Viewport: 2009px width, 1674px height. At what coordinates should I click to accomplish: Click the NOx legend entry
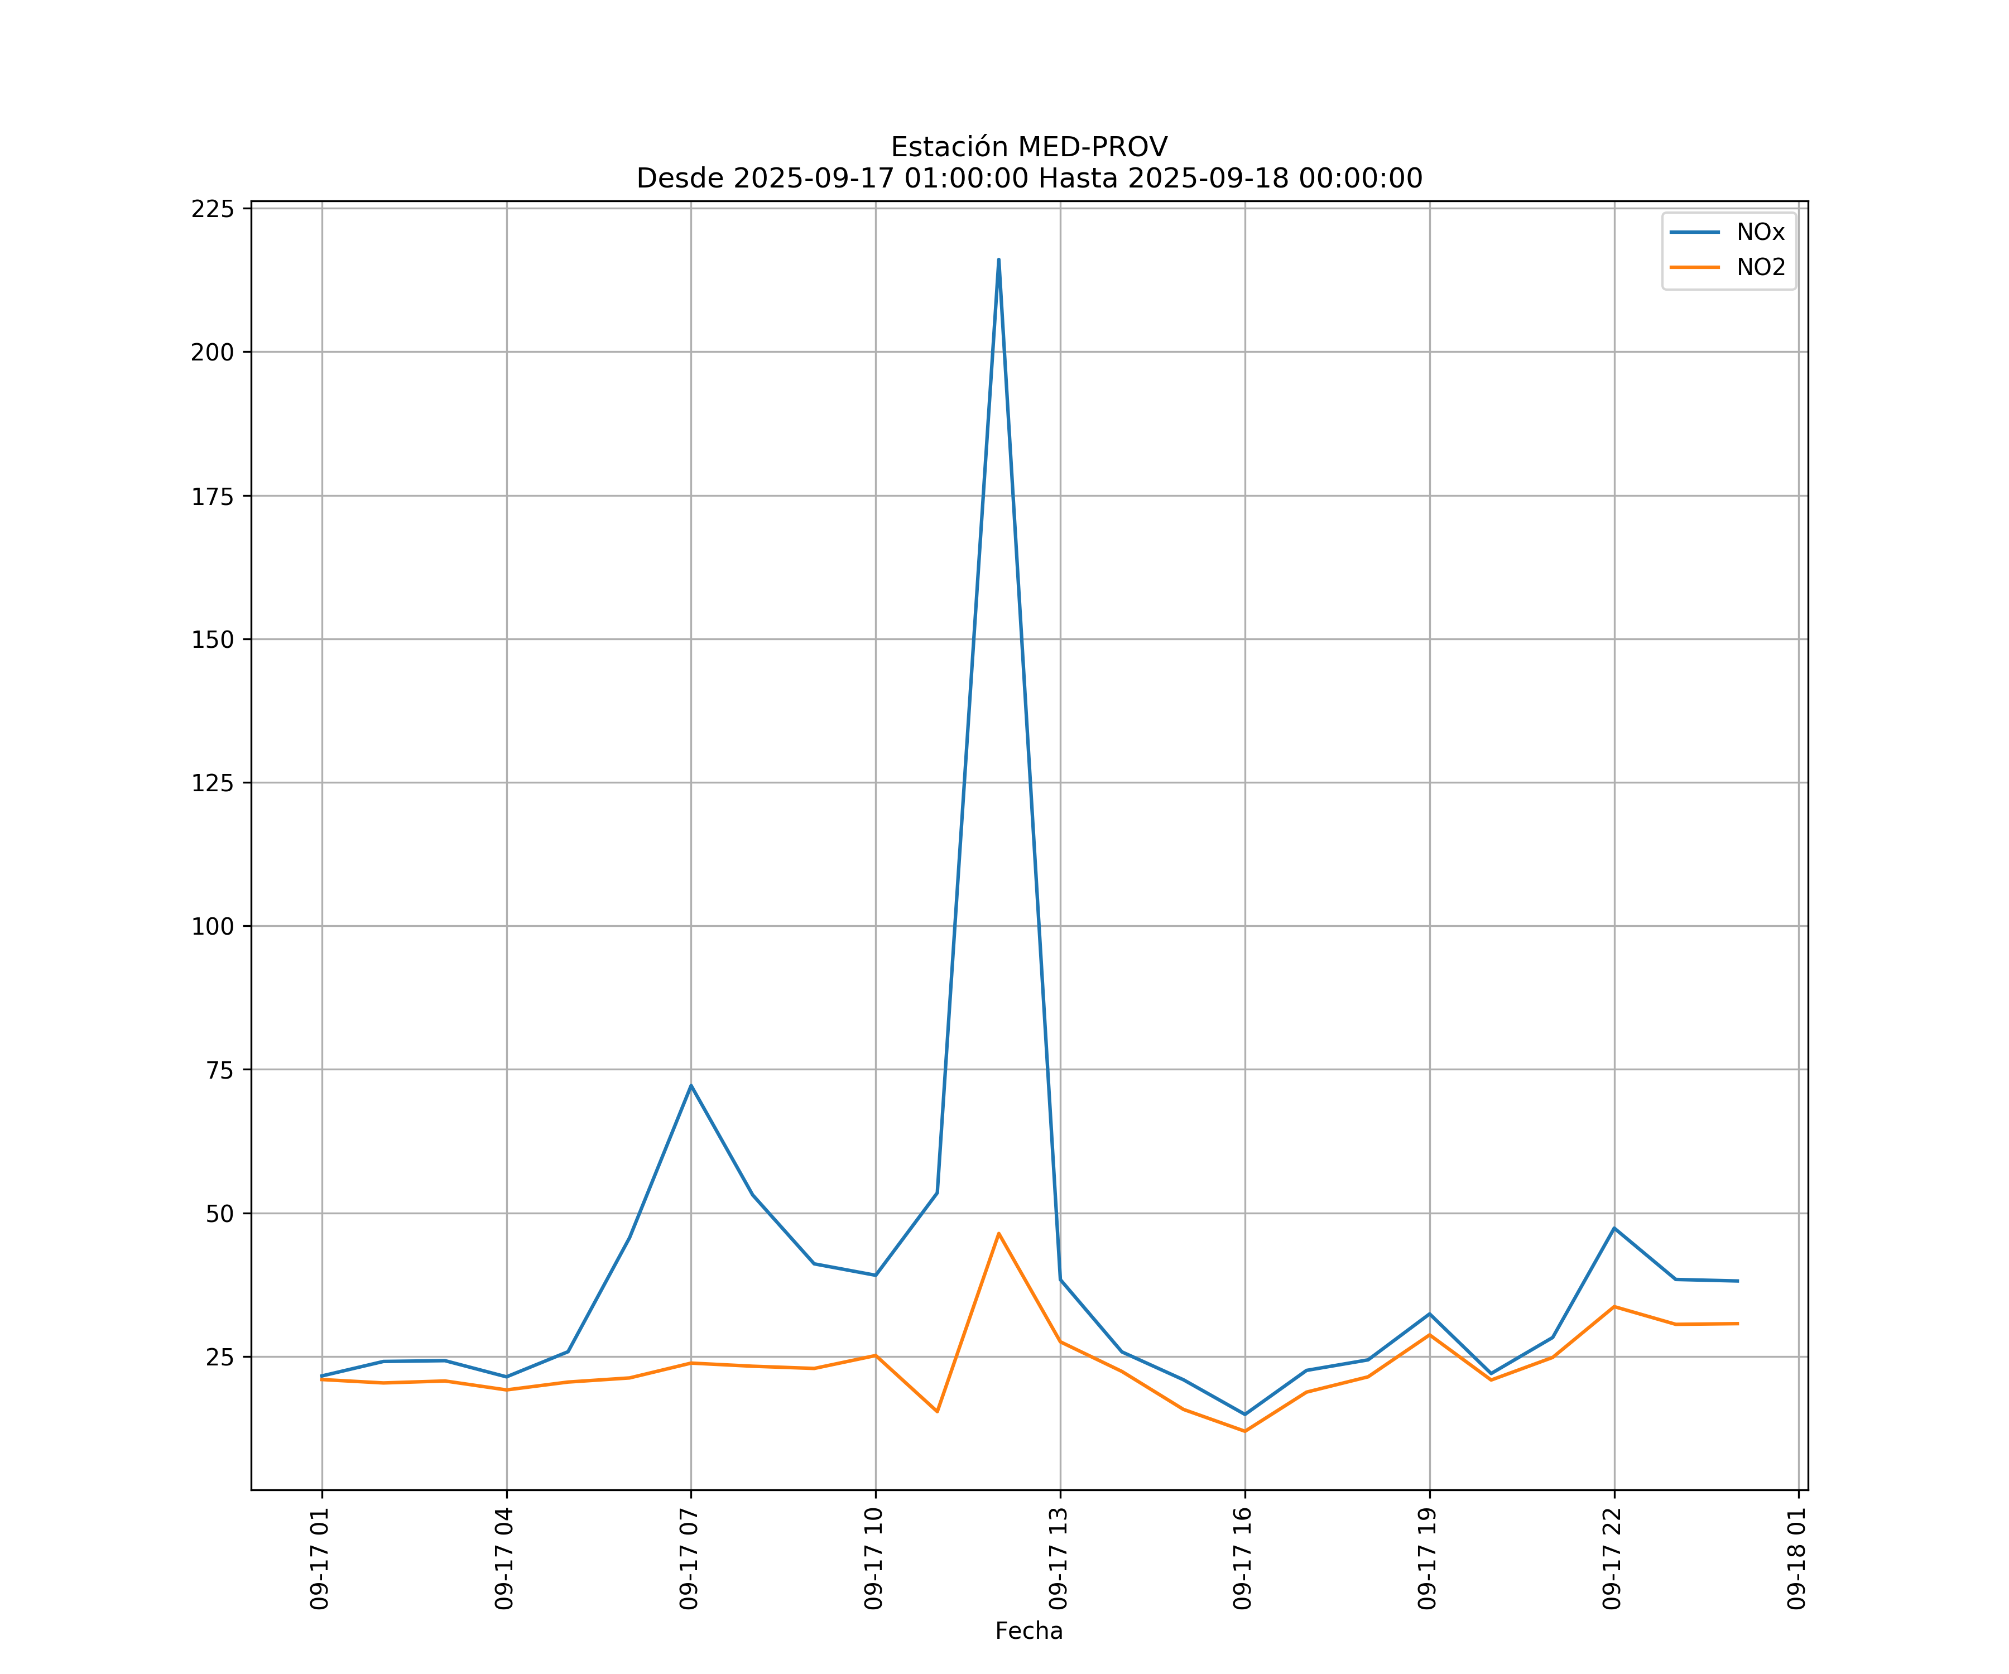[1760, 233]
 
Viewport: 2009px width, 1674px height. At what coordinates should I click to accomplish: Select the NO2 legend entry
[1760, 268]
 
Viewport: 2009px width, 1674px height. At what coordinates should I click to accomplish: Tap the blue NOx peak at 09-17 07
[691, 1086]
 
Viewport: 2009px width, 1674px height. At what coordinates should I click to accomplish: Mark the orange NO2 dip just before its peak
[936, 1411]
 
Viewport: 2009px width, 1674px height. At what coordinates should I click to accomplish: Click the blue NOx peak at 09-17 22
[1614, 1228]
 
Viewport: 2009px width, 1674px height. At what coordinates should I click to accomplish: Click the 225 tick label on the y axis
[213, 209]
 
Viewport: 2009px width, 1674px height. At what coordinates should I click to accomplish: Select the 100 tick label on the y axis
[213, 926]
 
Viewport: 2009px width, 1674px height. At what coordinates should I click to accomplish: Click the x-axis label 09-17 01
[320, 1558]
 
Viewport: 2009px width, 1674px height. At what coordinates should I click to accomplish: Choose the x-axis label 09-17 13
[1058, 1558]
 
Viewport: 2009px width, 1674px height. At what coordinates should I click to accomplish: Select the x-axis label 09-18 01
[1796, 1558]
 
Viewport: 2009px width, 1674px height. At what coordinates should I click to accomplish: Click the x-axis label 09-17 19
[1428, 1558]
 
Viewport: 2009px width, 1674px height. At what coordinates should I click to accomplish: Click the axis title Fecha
[1028, 1631]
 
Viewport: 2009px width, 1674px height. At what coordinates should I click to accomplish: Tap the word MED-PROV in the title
[1093, 147]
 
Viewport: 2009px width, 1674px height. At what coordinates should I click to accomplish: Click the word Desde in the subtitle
[680, 179]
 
